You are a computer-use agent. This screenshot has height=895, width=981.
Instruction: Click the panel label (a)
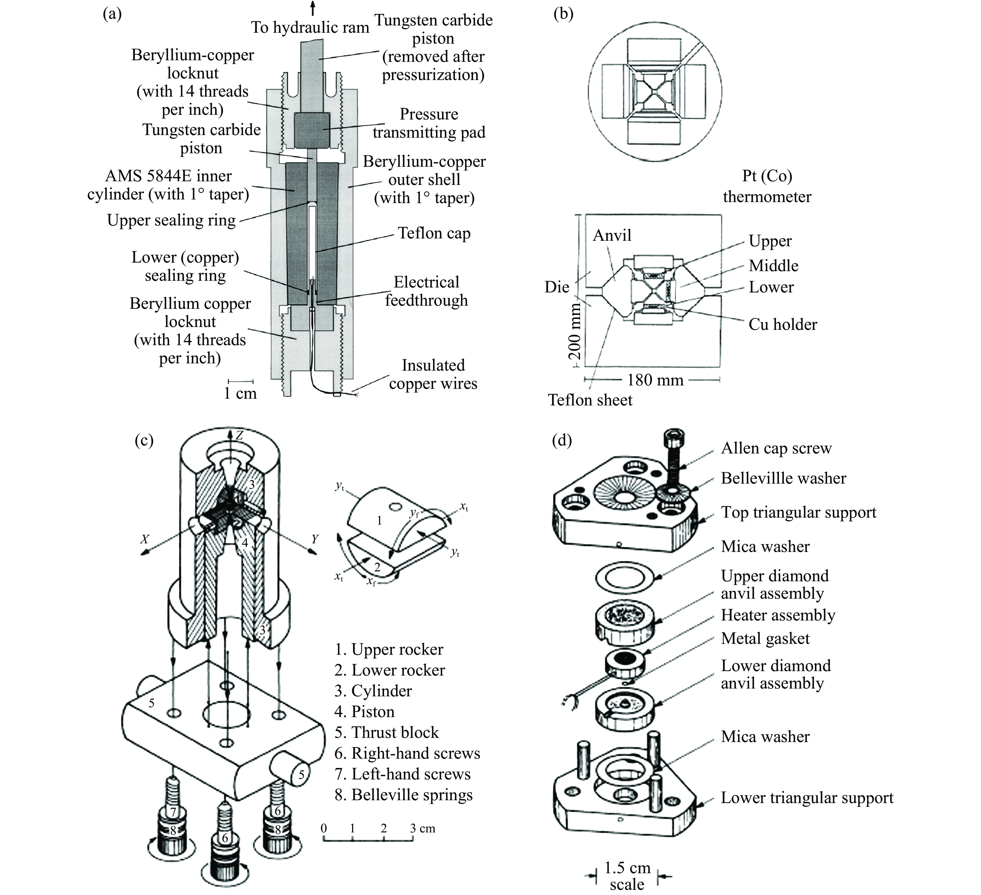(x=112, y=14)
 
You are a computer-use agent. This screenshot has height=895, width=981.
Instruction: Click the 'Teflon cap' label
(x=434, y=233)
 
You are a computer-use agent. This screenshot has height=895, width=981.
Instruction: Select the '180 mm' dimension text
(x=655, y=380)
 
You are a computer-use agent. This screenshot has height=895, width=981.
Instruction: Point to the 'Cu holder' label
(x=782, y=324)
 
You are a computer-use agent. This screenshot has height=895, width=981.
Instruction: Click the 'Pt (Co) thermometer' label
(x=767, y=186)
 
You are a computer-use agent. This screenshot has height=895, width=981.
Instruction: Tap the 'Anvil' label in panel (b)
(x=612, y=236)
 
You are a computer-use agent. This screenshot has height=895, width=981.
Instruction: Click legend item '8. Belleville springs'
(x=403, y=795)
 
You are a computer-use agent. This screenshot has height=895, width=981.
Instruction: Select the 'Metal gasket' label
(x=765, y=638)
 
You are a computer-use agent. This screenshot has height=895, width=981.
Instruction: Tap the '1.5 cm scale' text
(x=627, y=875)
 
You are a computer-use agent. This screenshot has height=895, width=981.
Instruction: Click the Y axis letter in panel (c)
(x=315, y=539)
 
